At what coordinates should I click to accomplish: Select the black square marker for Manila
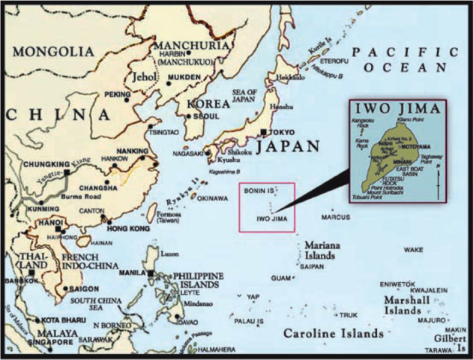click(x=152, y=274)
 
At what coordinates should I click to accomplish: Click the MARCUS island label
click(x=336, y=217)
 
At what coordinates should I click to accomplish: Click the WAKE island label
click(x=413, y=249)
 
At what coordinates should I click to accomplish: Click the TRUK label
click(x=349, y=315)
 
